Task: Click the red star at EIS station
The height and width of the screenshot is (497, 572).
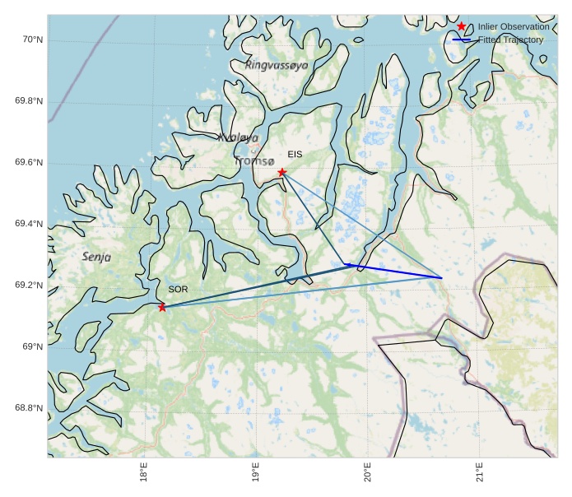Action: pyautogui.click(x=282, y=172)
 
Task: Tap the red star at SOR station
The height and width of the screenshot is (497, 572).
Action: pyautogui.click(x=162, y=307)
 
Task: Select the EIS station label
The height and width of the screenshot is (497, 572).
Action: pyautogui.click(x=295, y=155)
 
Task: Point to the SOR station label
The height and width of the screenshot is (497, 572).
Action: pyautogui.click(x=178, y=290)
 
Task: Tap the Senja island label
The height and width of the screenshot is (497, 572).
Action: pyautogui.click(x=96, y=258)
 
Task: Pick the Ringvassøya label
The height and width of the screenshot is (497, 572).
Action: pyautogui.click(x=277, y=65)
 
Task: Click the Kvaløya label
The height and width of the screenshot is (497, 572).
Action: pyautogui.click(x=239, y=138)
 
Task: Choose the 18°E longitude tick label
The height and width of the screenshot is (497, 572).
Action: pyautogui.click(x=144, y=476)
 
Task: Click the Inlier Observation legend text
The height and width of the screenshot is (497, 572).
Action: pyautogui.click(x=513, y=27)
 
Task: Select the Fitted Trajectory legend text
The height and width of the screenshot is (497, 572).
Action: pyautogui.click(x=510, y=39)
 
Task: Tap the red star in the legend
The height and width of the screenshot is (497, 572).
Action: pyautogui.click(x=462, y=26)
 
